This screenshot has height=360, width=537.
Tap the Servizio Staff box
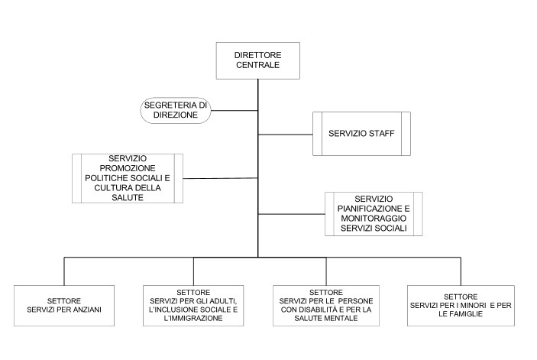click(361, 134)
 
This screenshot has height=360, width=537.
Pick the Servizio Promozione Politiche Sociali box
click(127, 178)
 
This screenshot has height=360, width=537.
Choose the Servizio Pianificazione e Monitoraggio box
click(373, 213)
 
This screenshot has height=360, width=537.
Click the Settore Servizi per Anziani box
click(63, 308)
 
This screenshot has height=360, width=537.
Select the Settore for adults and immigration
click(192, 308)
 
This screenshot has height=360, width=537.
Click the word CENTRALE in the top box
click(257, 64)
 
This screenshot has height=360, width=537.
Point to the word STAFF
click(380, 134)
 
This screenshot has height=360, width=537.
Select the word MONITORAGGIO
click(373, 218)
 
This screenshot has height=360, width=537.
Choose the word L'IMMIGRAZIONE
click(192, 319)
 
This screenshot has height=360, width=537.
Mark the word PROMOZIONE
click(127, 168)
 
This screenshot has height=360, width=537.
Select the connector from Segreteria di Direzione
click(234, 110)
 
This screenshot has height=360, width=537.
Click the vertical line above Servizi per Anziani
click(63, 271)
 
